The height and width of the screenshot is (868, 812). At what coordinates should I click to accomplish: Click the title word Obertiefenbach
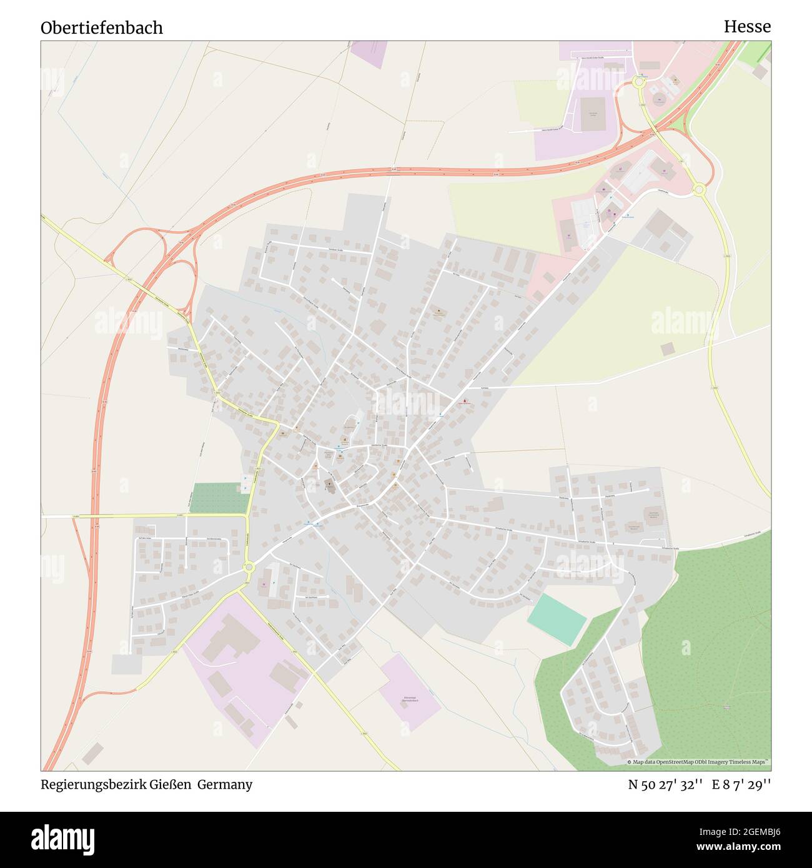102,28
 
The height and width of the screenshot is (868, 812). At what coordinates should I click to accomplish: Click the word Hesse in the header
747,26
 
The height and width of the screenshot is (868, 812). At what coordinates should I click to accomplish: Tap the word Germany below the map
225,784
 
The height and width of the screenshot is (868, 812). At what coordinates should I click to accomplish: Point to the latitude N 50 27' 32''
665,784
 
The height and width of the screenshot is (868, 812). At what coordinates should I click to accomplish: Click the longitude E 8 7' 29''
741,784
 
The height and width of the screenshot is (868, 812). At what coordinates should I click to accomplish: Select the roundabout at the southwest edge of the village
249,568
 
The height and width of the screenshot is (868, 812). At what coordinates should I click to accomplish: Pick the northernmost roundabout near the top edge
638,81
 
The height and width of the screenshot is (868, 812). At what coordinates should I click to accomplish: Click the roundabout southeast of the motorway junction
699,189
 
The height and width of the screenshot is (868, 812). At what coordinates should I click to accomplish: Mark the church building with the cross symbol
329,485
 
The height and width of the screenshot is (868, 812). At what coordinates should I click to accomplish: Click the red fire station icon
464,402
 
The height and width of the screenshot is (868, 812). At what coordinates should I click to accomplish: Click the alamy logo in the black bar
62,839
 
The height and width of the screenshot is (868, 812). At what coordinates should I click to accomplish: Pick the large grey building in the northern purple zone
592,114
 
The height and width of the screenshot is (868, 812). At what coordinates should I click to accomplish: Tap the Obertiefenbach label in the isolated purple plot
409,699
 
